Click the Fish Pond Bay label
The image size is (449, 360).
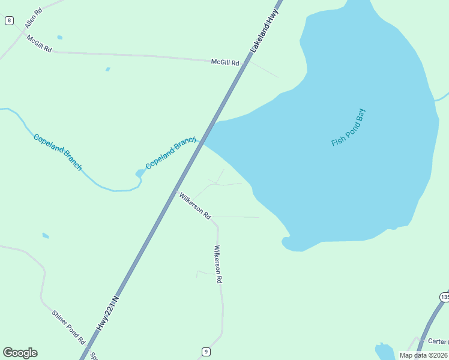tap(348, 127)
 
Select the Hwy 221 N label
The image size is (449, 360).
tap(108, 312)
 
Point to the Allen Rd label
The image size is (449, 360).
tap(34, 19)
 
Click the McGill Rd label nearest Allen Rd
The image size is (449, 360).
tap(39, 43)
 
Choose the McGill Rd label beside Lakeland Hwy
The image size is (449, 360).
tap(225, 62)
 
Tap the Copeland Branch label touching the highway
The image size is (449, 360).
tap(171, 153)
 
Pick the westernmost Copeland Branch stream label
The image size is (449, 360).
tap(58, 152)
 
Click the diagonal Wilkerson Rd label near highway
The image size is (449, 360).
tap(194, 205)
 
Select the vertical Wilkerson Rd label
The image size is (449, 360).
tap(218, 264)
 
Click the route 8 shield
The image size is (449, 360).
tap(9, 20)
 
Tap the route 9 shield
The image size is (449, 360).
tap(206, 352)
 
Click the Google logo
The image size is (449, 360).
tap(20, 353)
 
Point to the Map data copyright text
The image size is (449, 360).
tap(424, 355)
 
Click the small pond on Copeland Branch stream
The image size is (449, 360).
tap(140, 173)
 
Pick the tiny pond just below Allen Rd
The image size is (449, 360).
tap(59, 37)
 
